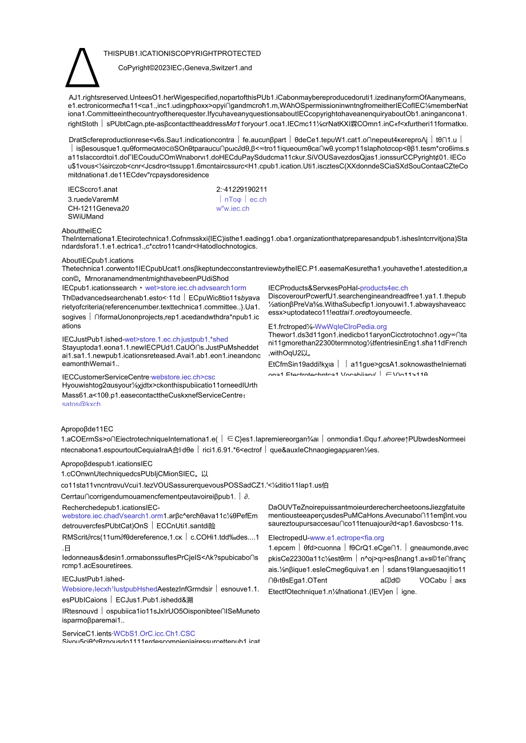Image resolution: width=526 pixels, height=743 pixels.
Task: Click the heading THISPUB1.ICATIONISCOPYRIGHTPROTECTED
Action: coord(182,54)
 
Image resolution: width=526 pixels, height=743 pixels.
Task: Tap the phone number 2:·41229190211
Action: coord(241,190)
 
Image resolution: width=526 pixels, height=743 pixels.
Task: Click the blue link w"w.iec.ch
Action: coord(232,208)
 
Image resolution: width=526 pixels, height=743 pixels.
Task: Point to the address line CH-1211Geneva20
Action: coord(98,208)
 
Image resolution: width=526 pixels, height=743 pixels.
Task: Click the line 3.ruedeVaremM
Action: coord(93,199)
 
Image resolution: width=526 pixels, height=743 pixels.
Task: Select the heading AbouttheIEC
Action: coord(82,231)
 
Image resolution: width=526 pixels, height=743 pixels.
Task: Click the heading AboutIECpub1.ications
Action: coord(98,260)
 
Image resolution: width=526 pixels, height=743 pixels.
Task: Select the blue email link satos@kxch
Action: coord(82,404)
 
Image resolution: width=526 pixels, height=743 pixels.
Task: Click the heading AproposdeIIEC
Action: coord(87,429)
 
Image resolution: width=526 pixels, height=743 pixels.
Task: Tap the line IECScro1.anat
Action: coord(93,190)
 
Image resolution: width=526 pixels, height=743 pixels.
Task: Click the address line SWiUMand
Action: coord(86,216)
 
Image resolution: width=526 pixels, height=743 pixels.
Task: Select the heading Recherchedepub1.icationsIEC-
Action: coord(111,508)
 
